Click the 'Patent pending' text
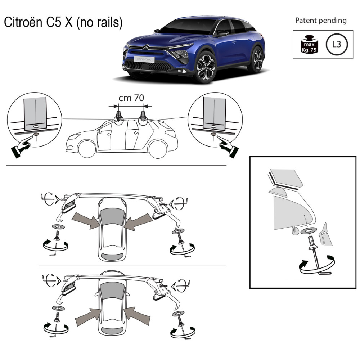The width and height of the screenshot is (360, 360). pyautogui.click(x=321, y=21)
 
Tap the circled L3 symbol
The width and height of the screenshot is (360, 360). pyautogui.click(x=337, y=44)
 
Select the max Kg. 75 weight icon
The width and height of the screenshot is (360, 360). pyautogui.click(x=309, y=44)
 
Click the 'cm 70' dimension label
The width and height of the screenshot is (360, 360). pyautogui.click(x=131, y=98)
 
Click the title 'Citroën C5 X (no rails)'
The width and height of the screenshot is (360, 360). pyautogui.click(x=63, y=22)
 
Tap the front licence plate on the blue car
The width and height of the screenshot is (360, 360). pyautogui.click(x=144, y=59)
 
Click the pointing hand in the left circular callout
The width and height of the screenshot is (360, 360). pyautogui.click(x=22, y=147)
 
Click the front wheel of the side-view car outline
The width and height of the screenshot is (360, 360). pyautogui.click(x=87, y=149)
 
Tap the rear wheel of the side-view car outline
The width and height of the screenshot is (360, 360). pyautogui.click(x=158, y=149)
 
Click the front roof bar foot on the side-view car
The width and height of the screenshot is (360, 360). pyautogui.click(x=118, y=116)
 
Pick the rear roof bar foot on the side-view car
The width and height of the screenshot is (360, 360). pyautogui.click(x=143, y=116)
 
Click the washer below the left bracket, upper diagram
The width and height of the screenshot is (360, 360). pyautogui.click(x=58, y=227)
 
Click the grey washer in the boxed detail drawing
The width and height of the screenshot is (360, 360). pyautogui.click(x=309, y=231)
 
